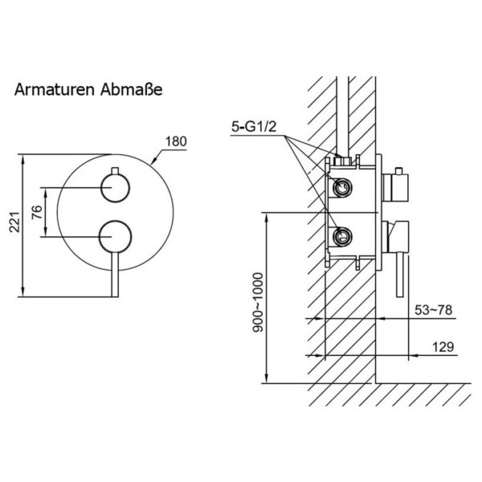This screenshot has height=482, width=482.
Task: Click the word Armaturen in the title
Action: click(x=54, y=90)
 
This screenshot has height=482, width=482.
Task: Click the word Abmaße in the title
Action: click(x=131, y=90)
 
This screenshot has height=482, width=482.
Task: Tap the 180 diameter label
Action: click(x=176, y=141)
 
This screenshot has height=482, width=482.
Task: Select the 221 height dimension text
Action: click(x=14, y=222)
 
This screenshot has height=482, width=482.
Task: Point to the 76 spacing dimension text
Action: click(x=37, y=212)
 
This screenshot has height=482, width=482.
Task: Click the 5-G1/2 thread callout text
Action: click(x=254, y=127)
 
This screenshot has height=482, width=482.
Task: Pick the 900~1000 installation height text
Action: click(x=258, y=303)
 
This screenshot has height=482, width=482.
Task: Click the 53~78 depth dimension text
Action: click(x=434, y=310)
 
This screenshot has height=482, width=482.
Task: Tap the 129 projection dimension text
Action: click(x=443, y=347)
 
